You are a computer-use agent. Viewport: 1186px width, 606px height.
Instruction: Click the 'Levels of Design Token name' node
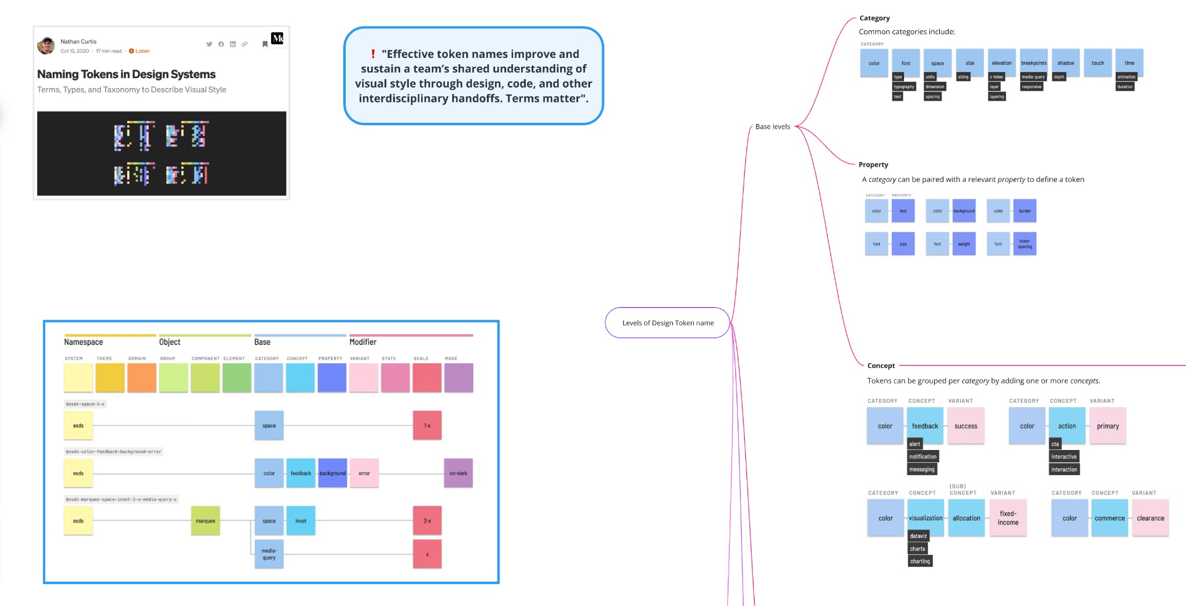668,323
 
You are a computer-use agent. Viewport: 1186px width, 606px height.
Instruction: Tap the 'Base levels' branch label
773,126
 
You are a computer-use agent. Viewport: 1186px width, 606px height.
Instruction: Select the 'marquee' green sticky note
206,520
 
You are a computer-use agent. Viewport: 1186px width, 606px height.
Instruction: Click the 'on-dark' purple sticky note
458,473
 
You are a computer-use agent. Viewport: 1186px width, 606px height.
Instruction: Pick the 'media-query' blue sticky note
269,554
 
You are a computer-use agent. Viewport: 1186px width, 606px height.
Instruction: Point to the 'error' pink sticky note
364,473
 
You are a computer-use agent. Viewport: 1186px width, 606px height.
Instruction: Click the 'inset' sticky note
301,520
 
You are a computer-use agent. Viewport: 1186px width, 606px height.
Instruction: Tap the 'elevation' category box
1002,63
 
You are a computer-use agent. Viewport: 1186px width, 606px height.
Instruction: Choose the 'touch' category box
1097,63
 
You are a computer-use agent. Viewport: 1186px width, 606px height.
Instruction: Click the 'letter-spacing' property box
1024,244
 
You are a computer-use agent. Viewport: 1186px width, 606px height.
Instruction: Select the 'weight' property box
964,244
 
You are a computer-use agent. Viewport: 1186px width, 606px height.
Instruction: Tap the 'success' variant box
965,426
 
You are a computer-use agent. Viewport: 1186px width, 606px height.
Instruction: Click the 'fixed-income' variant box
1008,518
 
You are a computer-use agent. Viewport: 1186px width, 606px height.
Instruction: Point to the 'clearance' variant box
1150,518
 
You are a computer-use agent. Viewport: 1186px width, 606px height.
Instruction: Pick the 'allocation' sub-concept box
967,518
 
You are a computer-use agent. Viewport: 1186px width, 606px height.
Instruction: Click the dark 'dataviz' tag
918,536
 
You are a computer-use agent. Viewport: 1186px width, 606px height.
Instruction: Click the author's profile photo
46,46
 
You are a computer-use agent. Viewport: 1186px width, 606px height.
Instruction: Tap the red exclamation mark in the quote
373,54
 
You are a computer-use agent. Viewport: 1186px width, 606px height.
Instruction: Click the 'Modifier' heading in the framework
363,342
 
